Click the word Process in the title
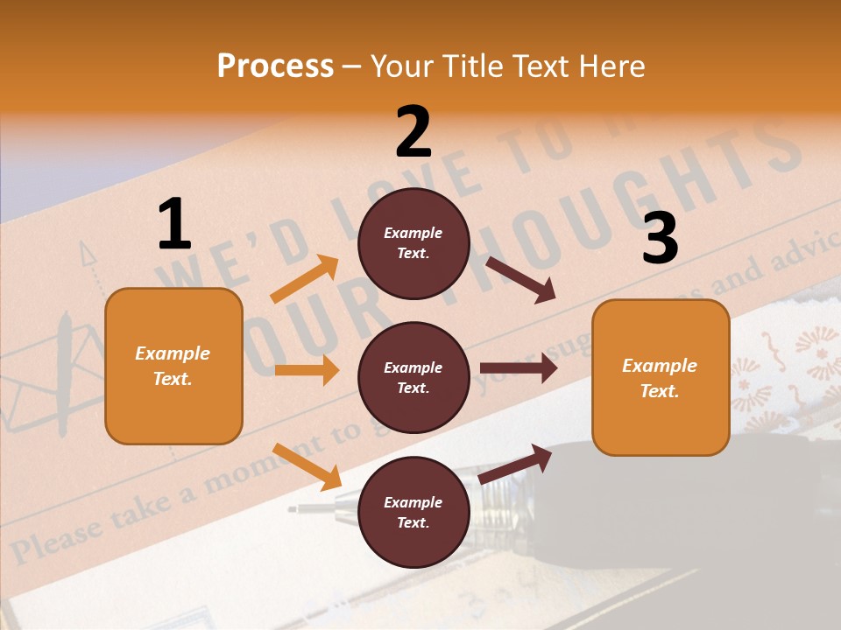click(x=275, y=66)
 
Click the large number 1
click(x=174, y=224)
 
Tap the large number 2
click(x=413, y=133)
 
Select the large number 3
click(x=660, y=238)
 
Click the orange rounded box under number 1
click(x=173, y=366)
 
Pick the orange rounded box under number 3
click(x=661, y=378)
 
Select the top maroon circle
click(x=413, y=243)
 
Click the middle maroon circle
click(x=413, y=378)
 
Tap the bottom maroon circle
click(x=413, y=513)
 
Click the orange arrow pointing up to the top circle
click(x=305, y=280)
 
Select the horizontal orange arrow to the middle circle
click(x=307, y=370)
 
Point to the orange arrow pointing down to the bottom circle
click(x=307, y=466)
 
